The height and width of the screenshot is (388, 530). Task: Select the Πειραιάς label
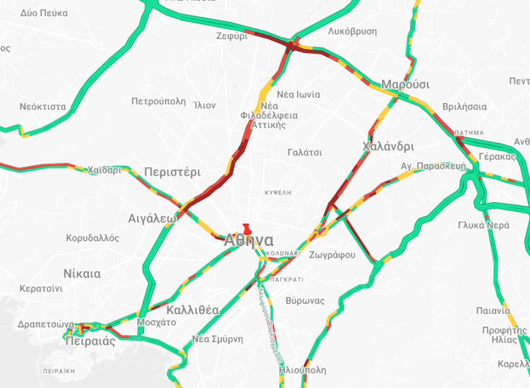click(90, 341)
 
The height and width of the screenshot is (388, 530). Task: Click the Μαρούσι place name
click(405, 84)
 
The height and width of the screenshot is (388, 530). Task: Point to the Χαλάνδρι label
click(388, 146)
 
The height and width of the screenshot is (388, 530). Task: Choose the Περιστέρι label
click(172, 172)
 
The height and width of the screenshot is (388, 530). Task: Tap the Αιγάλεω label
click(152, 218)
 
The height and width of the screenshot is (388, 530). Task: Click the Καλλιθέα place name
click(193, 310)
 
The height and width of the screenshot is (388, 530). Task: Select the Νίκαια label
click(82, 274)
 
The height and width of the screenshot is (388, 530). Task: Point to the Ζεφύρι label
click(232, 36)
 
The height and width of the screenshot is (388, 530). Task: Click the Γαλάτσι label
click(305, 152)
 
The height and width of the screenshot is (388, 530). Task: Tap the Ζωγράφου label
click(332, 255)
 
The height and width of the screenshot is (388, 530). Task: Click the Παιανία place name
click(493, 311)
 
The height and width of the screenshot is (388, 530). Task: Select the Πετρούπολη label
click(158, 101)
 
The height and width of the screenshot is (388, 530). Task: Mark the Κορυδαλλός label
click(93, 238)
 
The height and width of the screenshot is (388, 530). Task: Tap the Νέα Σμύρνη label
click(217, 339)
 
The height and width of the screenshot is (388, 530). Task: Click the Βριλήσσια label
click(464, 107)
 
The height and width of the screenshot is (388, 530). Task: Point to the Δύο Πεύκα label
click(44, 13)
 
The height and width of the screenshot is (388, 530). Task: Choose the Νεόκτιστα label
click(43, 107)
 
